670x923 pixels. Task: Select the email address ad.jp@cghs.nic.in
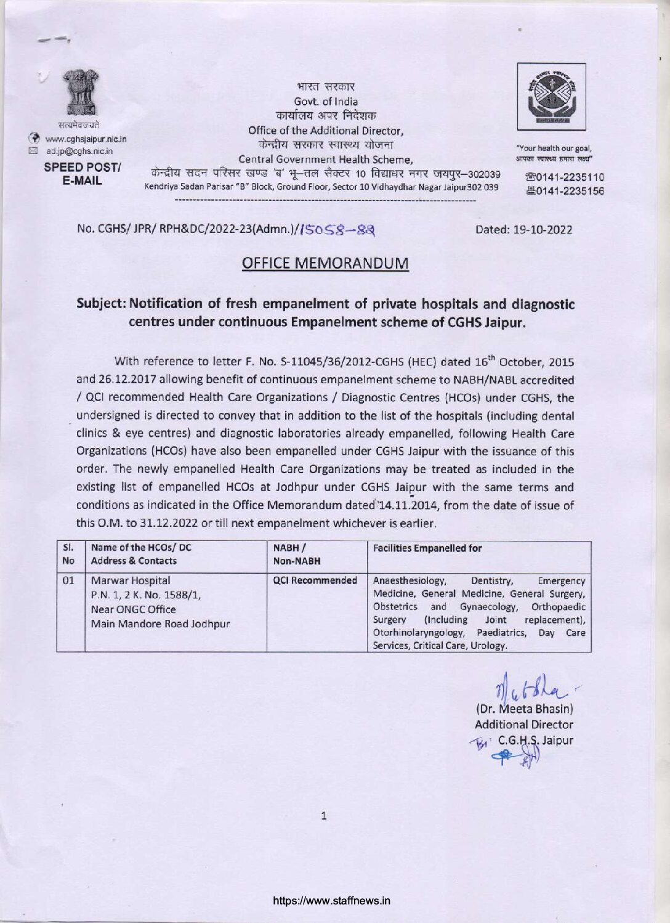[x=79, y=151]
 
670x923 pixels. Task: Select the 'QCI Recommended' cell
[x=315, y=580]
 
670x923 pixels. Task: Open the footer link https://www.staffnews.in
[x=333, y=900]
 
